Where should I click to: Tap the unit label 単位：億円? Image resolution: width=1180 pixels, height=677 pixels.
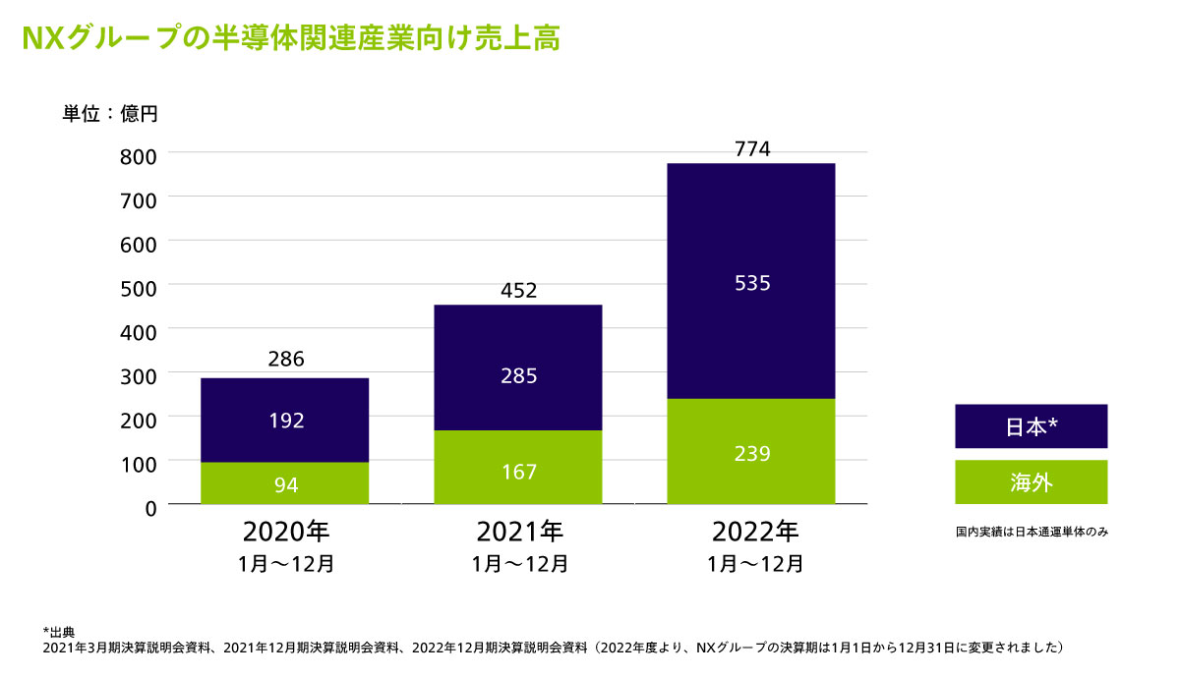(x=110, y=113)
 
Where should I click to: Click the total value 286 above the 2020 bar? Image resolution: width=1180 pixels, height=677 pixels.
(x=285, y=360)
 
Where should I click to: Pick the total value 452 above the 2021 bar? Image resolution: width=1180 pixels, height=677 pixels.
(x=518, y=290)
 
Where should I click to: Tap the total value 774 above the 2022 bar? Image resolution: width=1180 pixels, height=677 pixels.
(x=751, y=148)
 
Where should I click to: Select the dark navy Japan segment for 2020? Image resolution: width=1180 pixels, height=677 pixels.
(x=285, y=420)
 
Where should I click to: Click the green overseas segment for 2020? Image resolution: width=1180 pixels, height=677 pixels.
(x=285, y=482)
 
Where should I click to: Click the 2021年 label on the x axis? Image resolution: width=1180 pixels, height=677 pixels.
(x=519, y=533)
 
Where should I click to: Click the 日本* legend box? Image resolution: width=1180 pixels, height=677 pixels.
(x=1031, y=426)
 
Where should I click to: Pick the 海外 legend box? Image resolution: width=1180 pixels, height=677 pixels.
(x=1031, y=482)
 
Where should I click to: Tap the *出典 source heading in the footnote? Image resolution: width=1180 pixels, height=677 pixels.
(x=60, y=630)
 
